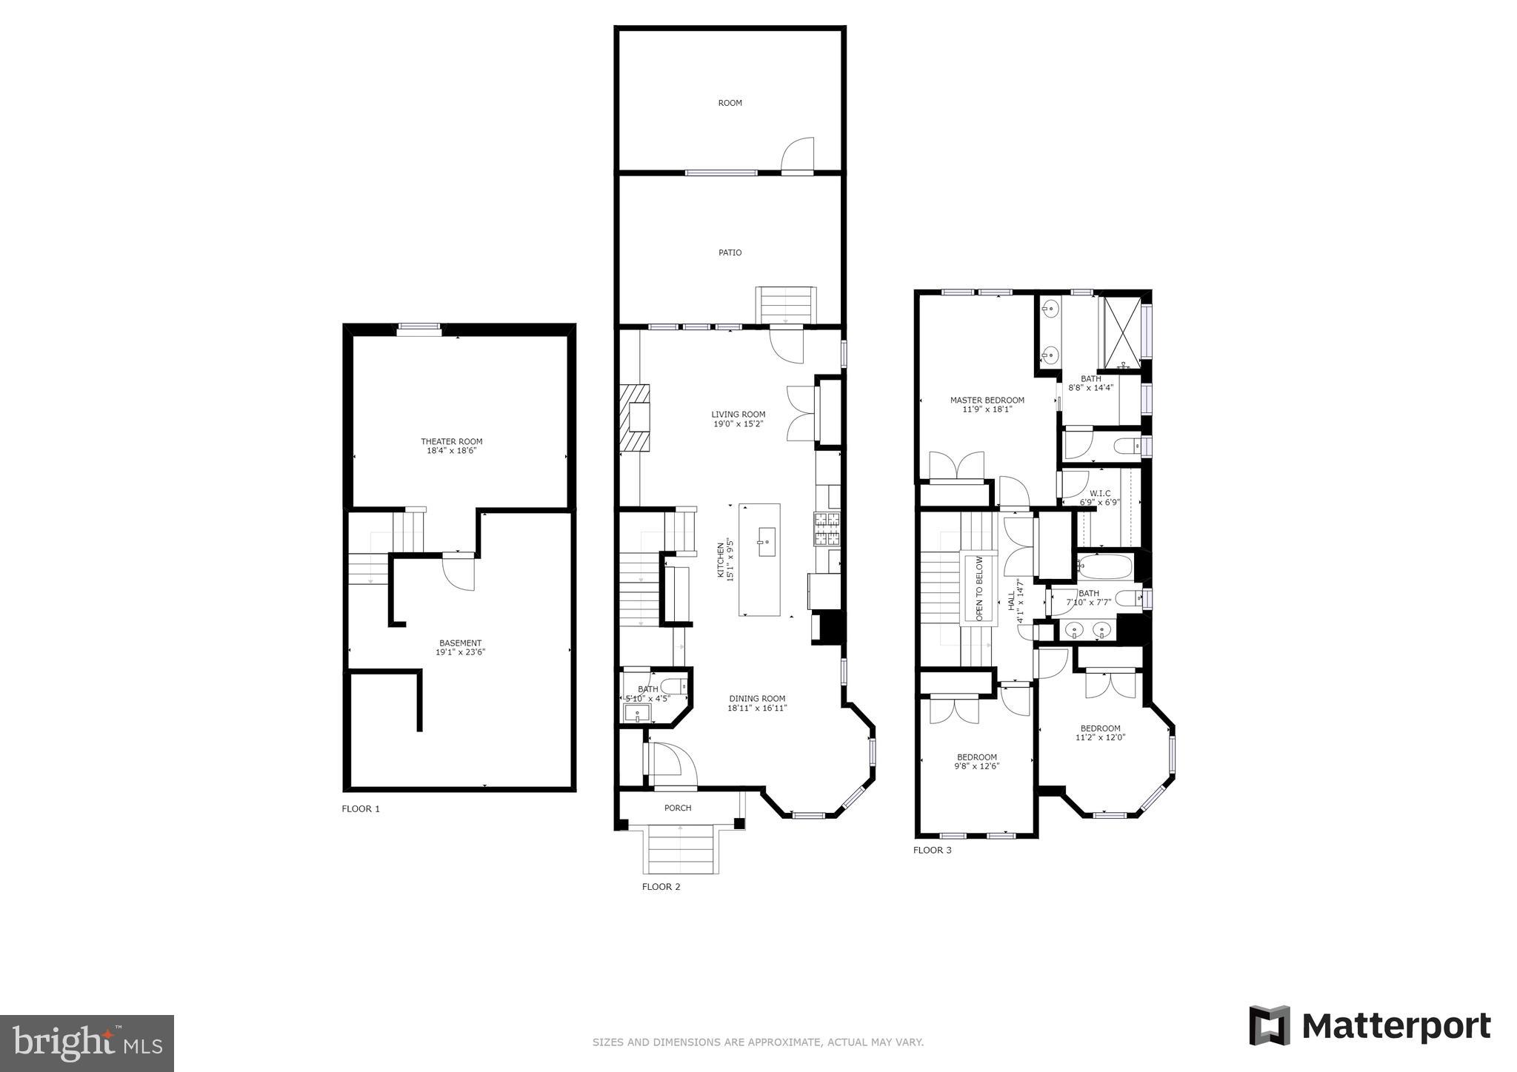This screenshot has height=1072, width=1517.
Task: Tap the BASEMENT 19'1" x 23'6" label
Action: pos(460,647)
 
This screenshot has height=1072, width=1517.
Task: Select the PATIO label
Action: pos(730,252)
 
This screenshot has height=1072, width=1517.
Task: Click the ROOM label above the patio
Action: pos(730,103)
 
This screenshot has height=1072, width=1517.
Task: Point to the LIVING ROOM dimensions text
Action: pos(738,424)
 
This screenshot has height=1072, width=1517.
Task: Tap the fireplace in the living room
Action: pos(636,418)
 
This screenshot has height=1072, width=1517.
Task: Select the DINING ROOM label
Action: pos(756,703)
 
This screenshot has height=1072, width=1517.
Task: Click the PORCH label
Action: pos(677,808)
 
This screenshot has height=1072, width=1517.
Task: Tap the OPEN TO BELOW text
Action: pos(978,589)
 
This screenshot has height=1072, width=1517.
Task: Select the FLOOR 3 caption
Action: pos(932,850)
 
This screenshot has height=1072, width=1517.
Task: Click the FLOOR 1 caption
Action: pos(360,808)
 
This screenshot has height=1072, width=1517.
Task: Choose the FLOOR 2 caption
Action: pos(661,886)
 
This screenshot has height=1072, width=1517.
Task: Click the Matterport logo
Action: pos(1370,1026)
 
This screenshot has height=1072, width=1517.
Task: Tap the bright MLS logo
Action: pos(87,1043)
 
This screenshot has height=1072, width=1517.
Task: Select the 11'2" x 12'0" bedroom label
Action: pos(1100,733)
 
